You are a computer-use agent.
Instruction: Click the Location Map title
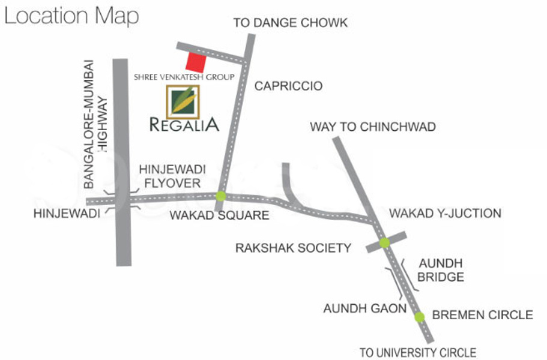tap(71, 16)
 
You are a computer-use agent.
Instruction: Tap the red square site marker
tap(196, 61)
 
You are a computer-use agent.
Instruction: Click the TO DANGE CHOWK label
tap(291, 23)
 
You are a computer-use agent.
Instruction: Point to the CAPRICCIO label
tap(288, 86)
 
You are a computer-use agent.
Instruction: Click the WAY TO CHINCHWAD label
tap(372, 127)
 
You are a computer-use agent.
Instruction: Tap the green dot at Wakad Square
tap(221, 196)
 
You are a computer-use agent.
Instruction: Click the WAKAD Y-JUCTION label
tap(445, 213)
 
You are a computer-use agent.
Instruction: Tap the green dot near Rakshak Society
tap(384, 242)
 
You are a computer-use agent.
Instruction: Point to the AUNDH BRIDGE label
tap(441, 271)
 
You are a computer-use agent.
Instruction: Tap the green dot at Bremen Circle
tap(419, 317)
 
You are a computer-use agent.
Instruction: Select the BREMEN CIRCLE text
tap(482, 314)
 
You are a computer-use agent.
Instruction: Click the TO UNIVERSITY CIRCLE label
tap(417, 352)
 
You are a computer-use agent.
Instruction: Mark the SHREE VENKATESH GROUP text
tap(184, 77)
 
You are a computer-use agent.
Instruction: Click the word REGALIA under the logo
tap(184, 125)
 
